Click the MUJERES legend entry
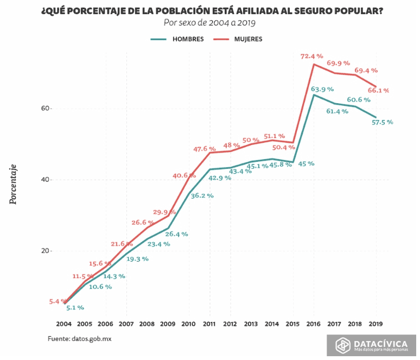point(248,39)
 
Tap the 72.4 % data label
point(312,56)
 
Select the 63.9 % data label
point(322,89)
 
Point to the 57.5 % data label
point(381,122)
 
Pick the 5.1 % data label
point(75,308)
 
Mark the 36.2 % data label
point(202,196)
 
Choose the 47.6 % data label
point(204,149)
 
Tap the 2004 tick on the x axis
point(64,324)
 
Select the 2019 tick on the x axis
point(376,324)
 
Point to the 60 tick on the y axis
point(45,109)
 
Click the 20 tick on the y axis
point(45,251)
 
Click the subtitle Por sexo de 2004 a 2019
point(209,23)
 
